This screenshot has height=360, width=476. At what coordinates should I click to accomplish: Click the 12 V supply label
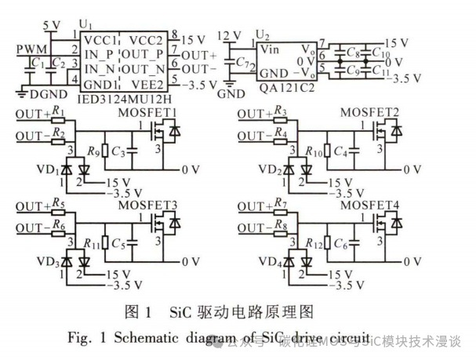(x=228, y=34)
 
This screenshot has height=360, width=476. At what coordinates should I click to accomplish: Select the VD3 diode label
(x=50, y=263)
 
